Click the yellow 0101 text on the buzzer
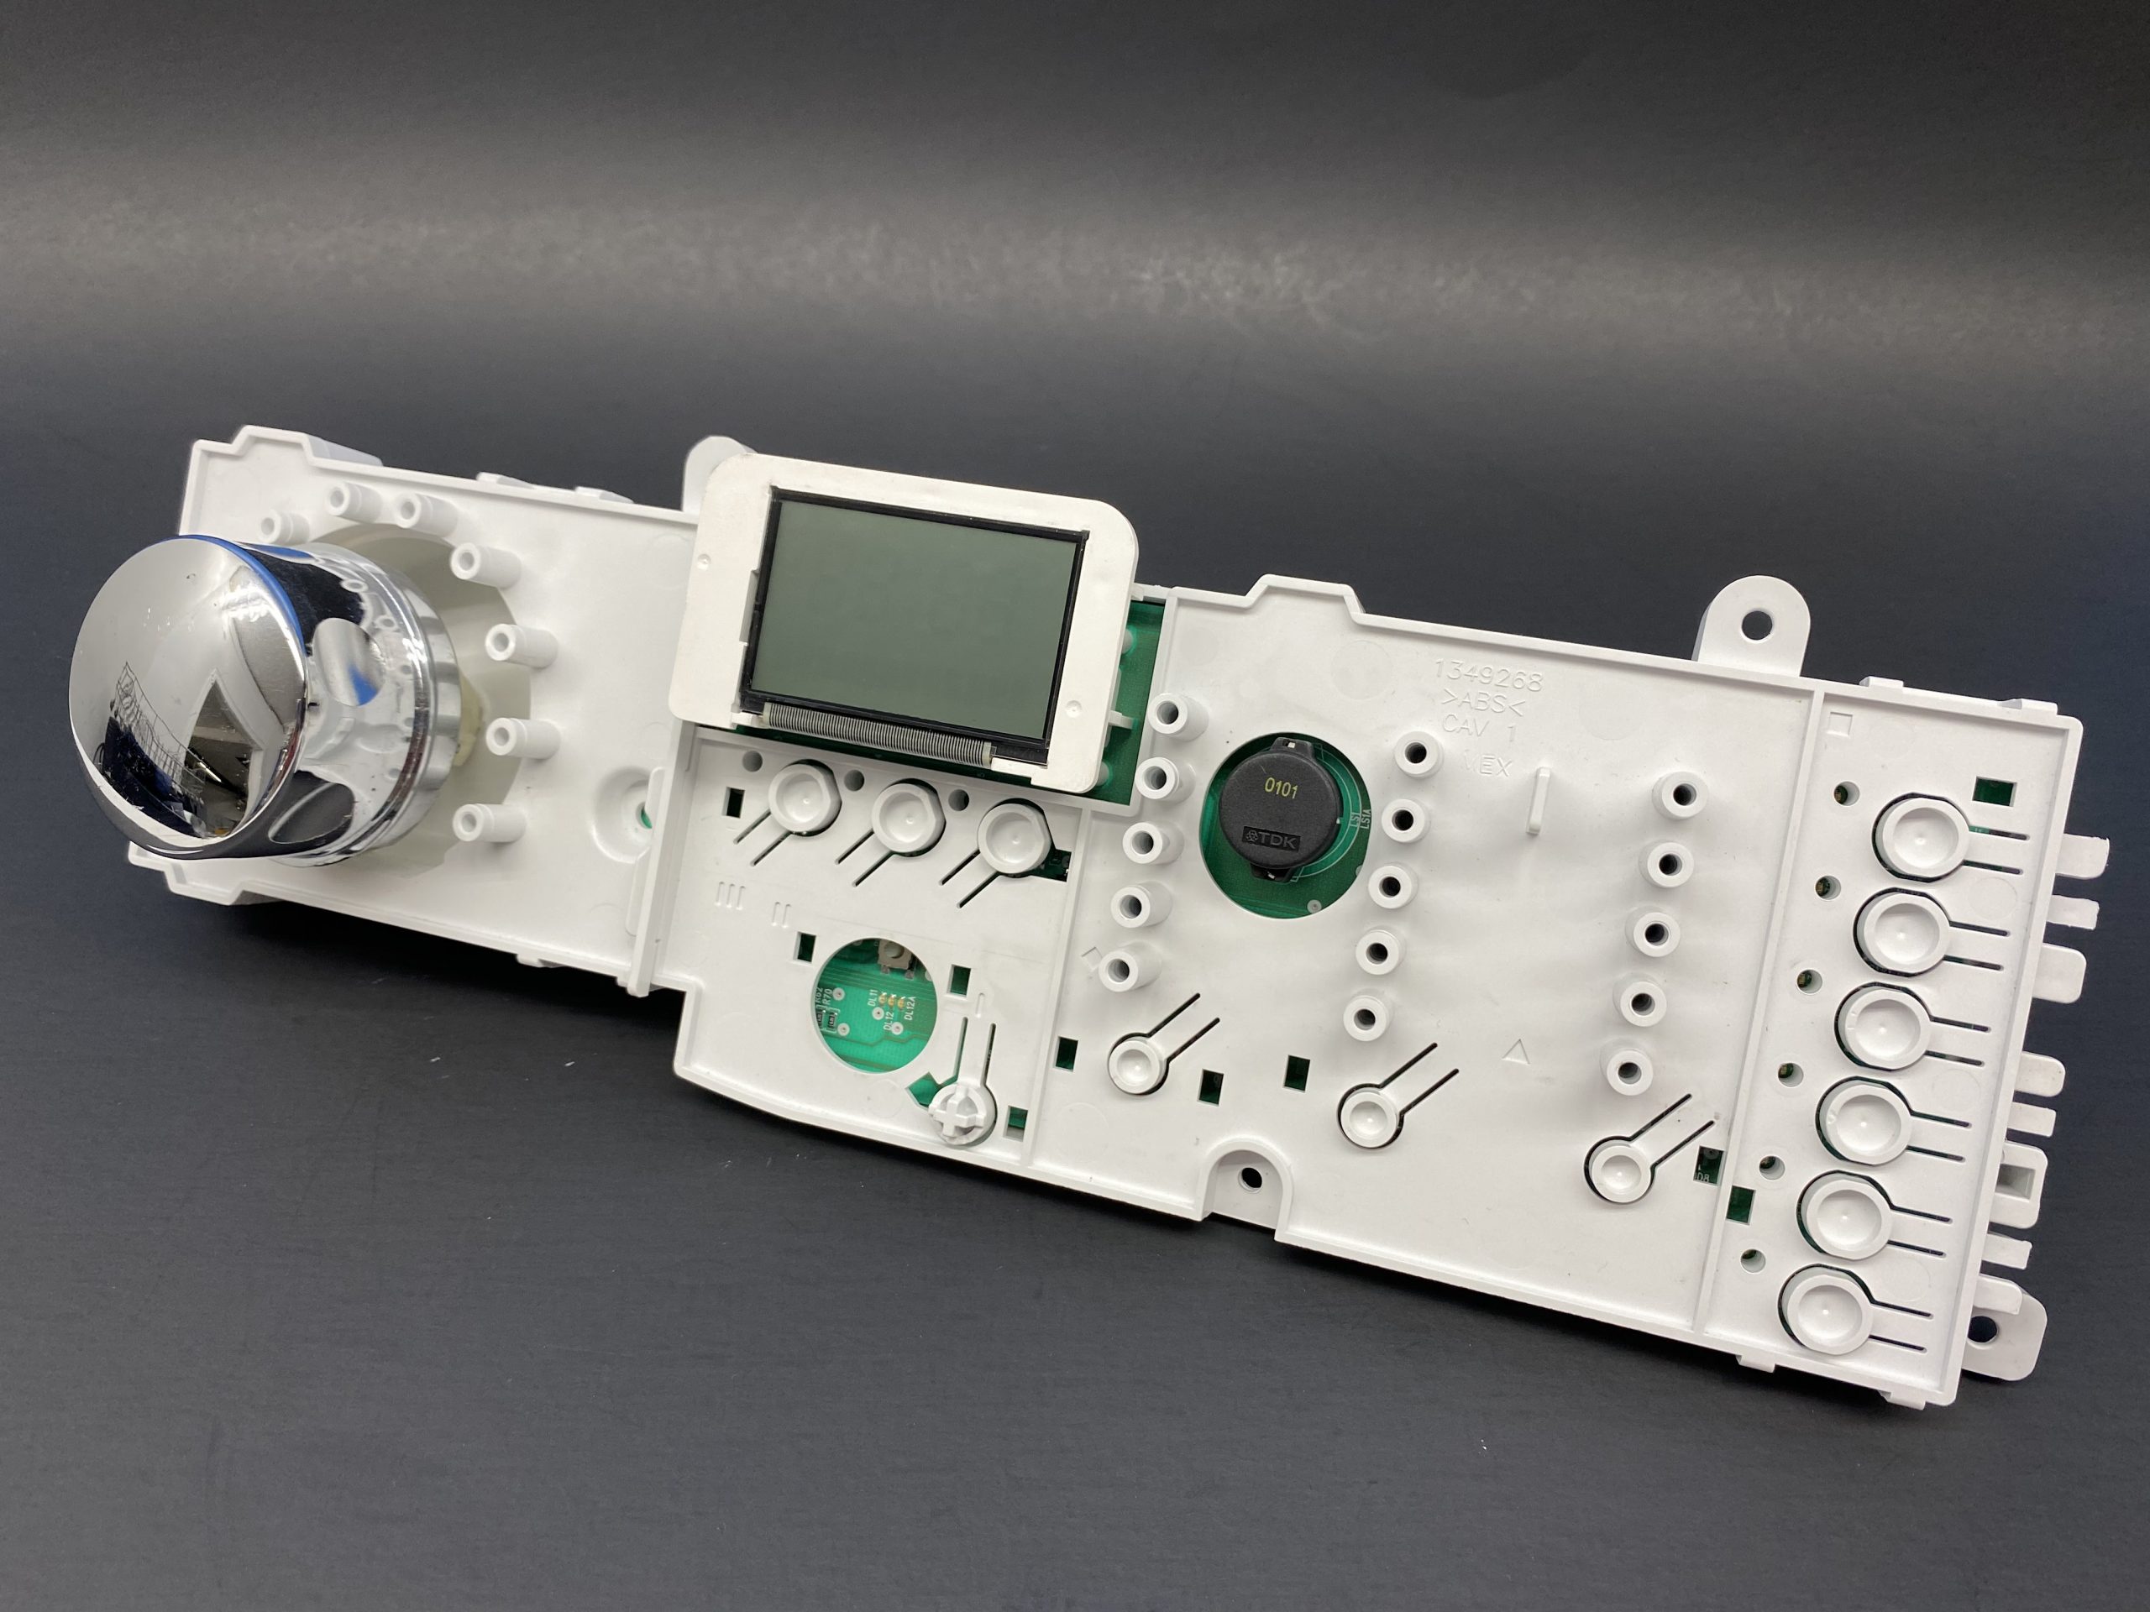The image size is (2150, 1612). (x=1280, y=790)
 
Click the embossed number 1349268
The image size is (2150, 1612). (x=1488, y=676)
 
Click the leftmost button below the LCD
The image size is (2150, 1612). (x=803, y=799)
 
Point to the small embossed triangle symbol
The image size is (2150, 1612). (x=1515, y=1049)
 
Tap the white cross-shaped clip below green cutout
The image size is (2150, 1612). (x=957, y=1107)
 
